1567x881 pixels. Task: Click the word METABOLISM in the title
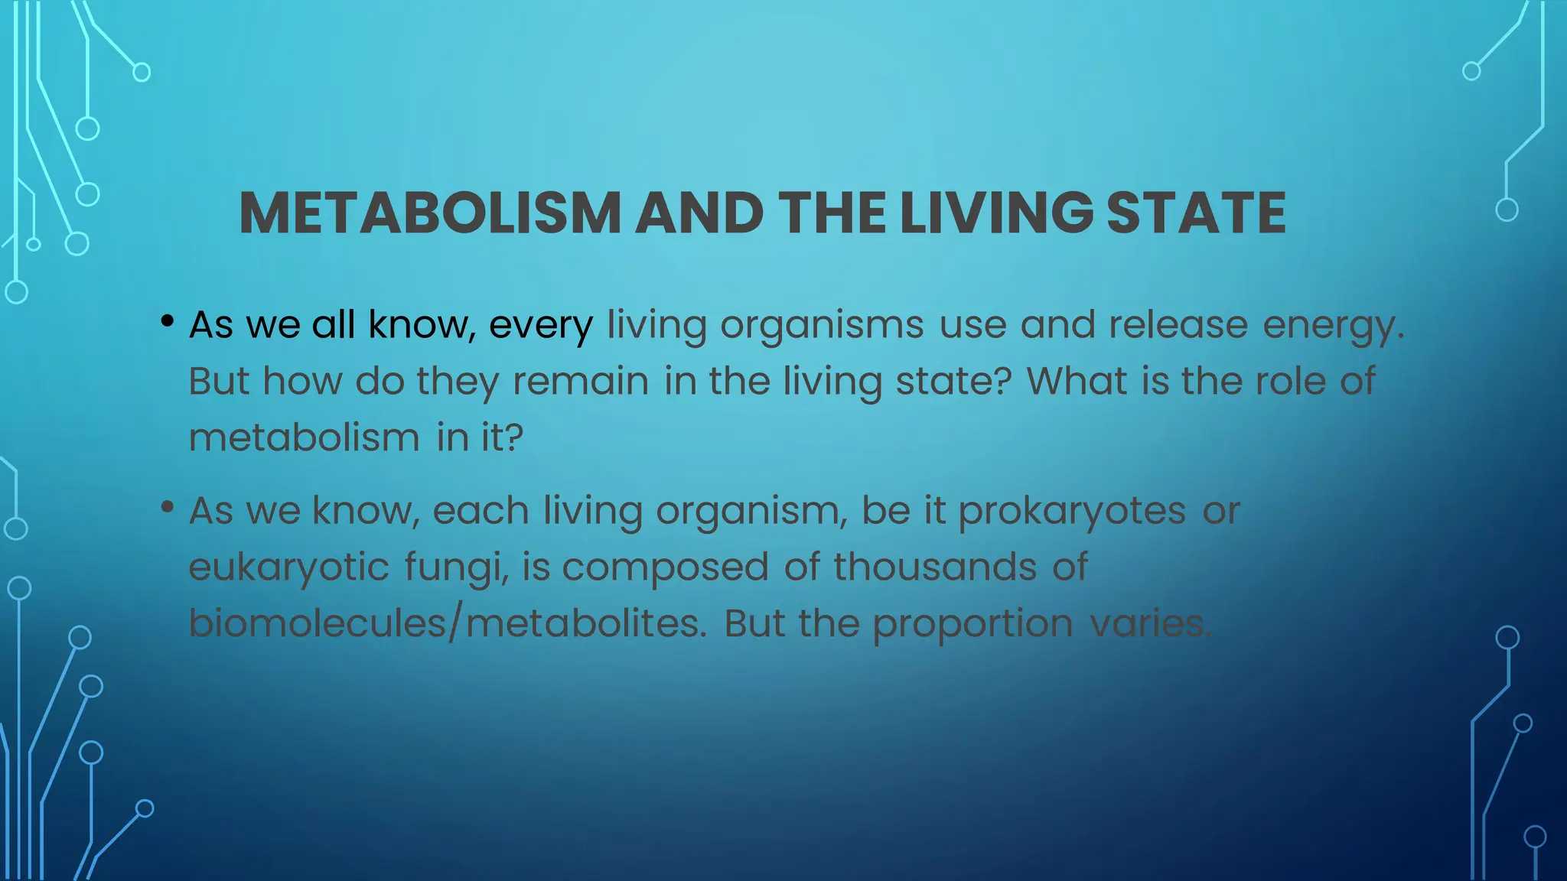tap(430, 213)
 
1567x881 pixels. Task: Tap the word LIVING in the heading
tap(996, 213)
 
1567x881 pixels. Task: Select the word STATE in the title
tap(1196, 213)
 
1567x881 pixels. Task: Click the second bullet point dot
tap(167, 507)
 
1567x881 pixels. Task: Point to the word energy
tap(1333, 326)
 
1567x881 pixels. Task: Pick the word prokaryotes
tap(1072, 512)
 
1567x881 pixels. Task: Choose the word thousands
tap(935, 567)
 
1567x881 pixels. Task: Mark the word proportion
tap(972, 625)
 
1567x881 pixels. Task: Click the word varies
tap(1150, 623)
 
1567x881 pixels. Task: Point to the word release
tap(1178, 324)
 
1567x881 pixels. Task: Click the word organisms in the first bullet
tap(822, 326)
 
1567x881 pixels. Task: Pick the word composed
tap(665, 568)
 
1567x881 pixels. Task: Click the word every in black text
tap(540, 326)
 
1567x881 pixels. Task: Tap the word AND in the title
tap(699, 213)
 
